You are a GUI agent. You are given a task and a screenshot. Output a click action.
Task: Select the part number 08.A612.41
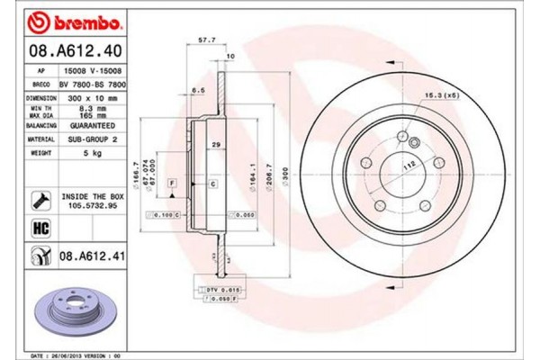[x=94, y=258]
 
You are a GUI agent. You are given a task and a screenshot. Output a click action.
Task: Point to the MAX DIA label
[x=41, y=116]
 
